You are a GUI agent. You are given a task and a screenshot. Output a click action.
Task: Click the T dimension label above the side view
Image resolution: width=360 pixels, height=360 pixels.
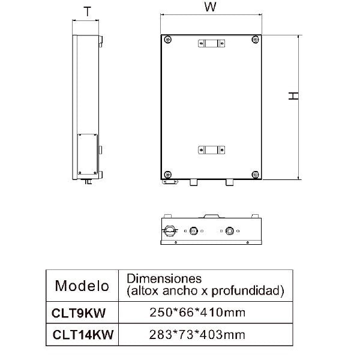88,10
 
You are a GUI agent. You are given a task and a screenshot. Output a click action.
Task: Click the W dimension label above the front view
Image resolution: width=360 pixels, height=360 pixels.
209,8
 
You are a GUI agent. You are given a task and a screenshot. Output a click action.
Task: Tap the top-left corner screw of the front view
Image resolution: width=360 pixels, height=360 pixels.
167,40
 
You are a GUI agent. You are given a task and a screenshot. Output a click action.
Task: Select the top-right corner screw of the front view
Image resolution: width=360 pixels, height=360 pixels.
256,40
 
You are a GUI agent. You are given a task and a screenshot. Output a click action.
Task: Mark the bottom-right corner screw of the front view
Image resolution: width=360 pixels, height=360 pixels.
256,174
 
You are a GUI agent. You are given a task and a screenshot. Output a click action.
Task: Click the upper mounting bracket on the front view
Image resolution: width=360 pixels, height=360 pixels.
211,43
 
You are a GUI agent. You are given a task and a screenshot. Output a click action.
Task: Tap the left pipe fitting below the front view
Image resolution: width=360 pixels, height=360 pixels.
193,182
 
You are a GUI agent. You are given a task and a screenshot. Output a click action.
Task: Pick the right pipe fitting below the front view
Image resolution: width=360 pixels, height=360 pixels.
229,182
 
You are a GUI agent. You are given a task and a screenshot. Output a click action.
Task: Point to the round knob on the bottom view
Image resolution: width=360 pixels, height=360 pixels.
170,230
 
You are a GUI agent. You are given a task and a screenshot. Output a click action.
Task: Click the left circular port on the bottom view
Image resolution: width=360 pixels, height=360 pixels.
194,230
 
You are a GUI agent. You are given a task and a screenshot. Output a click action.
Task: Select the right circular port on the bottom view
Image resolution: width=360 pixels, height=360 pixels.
229,230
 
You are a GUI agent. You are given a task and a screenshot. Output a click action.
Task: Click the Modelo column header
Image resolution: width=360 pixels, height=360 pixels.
82,285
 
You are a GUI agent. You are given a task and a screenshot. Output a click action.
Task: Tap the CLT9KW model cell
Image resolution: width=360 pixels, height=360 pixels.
82,312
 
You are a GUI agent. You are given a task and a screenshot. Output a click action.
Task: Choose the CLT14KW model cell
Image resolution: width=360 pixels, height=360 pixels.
82,334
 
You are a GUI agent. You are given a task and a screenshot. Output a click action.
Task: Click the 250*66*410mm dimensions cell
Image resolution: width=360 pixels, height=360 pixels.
197,312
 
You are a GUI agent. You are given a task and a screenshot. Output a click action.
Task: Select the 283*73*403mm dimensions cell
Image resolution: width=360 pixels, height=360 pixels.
197,334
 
